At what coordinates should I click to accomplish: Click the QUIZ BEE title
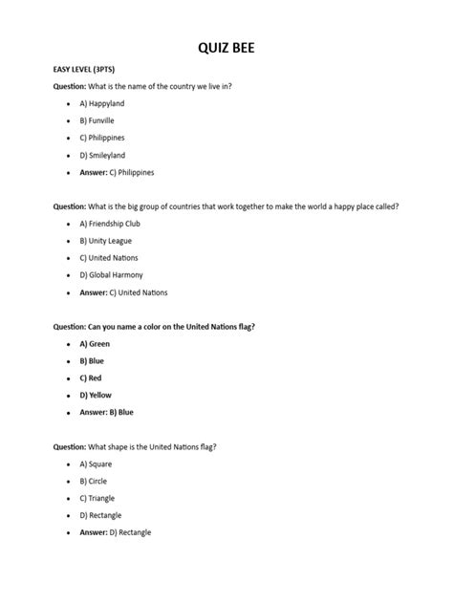[x=226, y=46]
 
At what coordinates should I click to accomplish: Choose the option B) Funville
[x=97, y=120]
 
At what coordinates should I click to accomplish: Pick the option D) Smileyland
[x=102, y=155]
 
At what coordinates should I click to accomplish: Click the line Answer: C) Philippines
[x=117, y=172]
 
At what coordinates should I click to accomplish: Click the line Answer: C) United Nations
[x=123, y=292]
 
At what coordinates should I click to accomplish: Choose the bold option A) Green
[x=96, y=343]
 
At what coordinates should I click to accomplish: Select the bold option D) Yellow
[x=97, y=395]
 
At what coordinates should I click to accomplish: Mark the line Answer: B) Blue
[x=107, y=412]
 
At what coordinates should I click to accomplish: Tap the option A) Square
[x=97, y=464]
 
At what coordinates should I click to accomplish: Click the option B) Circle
[x=95, y=481]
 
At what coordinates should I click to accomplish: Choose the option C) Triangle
[x=98, y=498]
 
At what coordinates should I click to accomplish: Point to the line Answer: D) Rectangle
[x=116, y=532]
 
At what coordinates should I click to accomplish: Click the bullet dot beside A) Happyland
[x=68, y=103]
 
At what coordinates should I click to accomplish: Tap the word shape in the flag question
[x=119, y=446]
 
